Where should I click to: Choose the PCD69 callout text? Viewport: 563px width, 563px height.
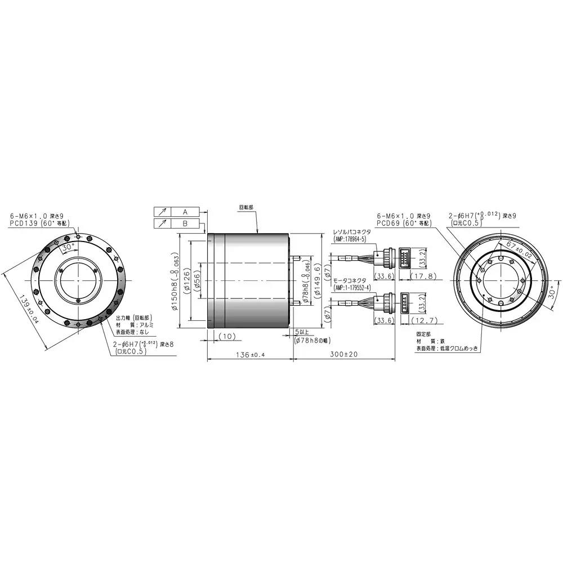click(x=403, y=223)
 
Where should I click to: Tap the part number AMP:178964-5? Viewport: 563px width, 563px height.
click(x=350, y=239)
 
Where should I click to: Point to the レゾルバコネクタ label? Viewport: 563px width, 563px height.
click(x=352, y=231)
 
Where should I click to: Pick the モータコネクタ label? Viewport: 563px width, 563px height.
click(x=349, y=280)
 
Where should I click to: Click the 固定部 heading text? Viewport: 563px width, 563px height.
click(x=423, y=334)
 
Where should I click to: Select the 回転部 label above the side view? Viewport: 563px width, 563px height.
click(x=246, y=207)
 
